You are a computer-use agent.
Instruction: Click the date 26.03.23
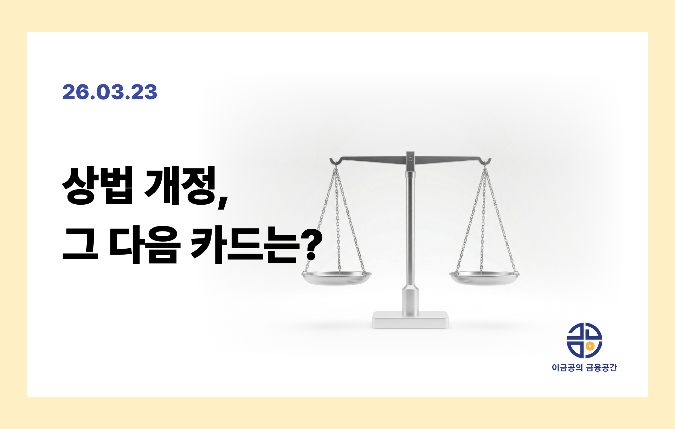point(110,92)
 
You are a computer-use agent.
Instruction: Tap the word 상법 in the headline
point(98,185)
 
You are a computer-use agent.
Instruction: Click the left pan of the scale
point(337,277)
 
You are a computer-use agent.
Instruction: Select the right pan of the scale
point(484,277)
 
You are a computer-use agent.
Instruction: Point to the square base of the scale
point(410,320)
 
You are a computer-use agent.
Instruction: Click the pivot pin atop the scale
point(410,159)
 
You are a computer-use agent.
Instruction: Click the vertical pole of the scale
point(410,229)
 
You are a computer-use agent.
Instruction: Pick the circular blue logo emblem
point(584,340)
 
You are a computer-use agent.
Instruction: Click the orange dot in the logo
point(591,346)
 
